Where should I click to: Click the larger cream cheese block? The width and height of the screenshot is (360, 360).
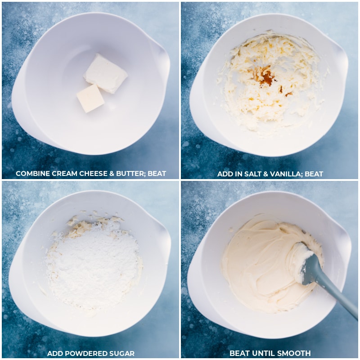point(106,73)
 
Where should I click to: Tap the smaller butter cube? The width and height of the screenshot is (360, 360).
point(90,98)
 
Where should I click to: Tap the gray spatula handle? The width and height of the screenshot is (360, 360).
point(335,292)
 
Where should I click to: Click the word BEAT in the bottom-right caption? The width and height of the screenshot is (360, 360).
point(239,353)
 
